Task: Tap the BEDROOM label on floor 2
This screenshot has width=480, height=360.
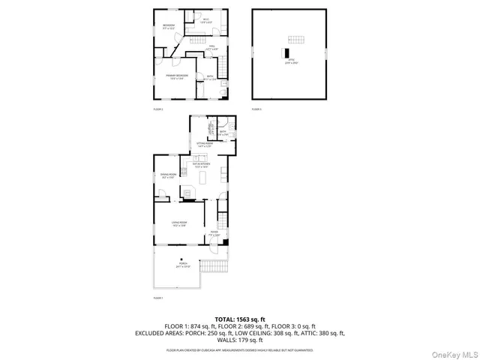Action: pyautogui.click(x=168, y=28)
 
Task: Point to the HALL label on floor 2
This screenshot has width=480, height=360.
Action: pyautogui.click(x=212, y=48)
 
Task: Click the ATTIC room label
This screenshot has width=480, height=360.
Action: pyautogui.click(x=289, y=61)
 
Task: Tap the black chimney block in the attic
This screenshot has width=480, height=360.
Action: pyautogui.click(x=285, y=52)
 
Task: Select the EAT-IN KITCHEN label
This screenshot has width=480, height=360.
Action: pyautogui.click(x=202, y=164)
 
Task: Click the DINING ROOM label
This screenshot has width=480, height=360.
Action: pyautogui.click(x=167, y=175)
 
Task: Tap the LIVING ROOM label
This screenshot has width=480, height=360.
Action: pyautogui.click(x=178, y=224)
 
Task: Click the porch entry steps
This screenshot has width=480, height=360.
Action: pyautogui.click(x=217, y=266)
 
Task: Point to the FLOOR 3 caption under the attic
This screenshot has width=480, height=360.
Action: pyautogui.click(x=256, y=109)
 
